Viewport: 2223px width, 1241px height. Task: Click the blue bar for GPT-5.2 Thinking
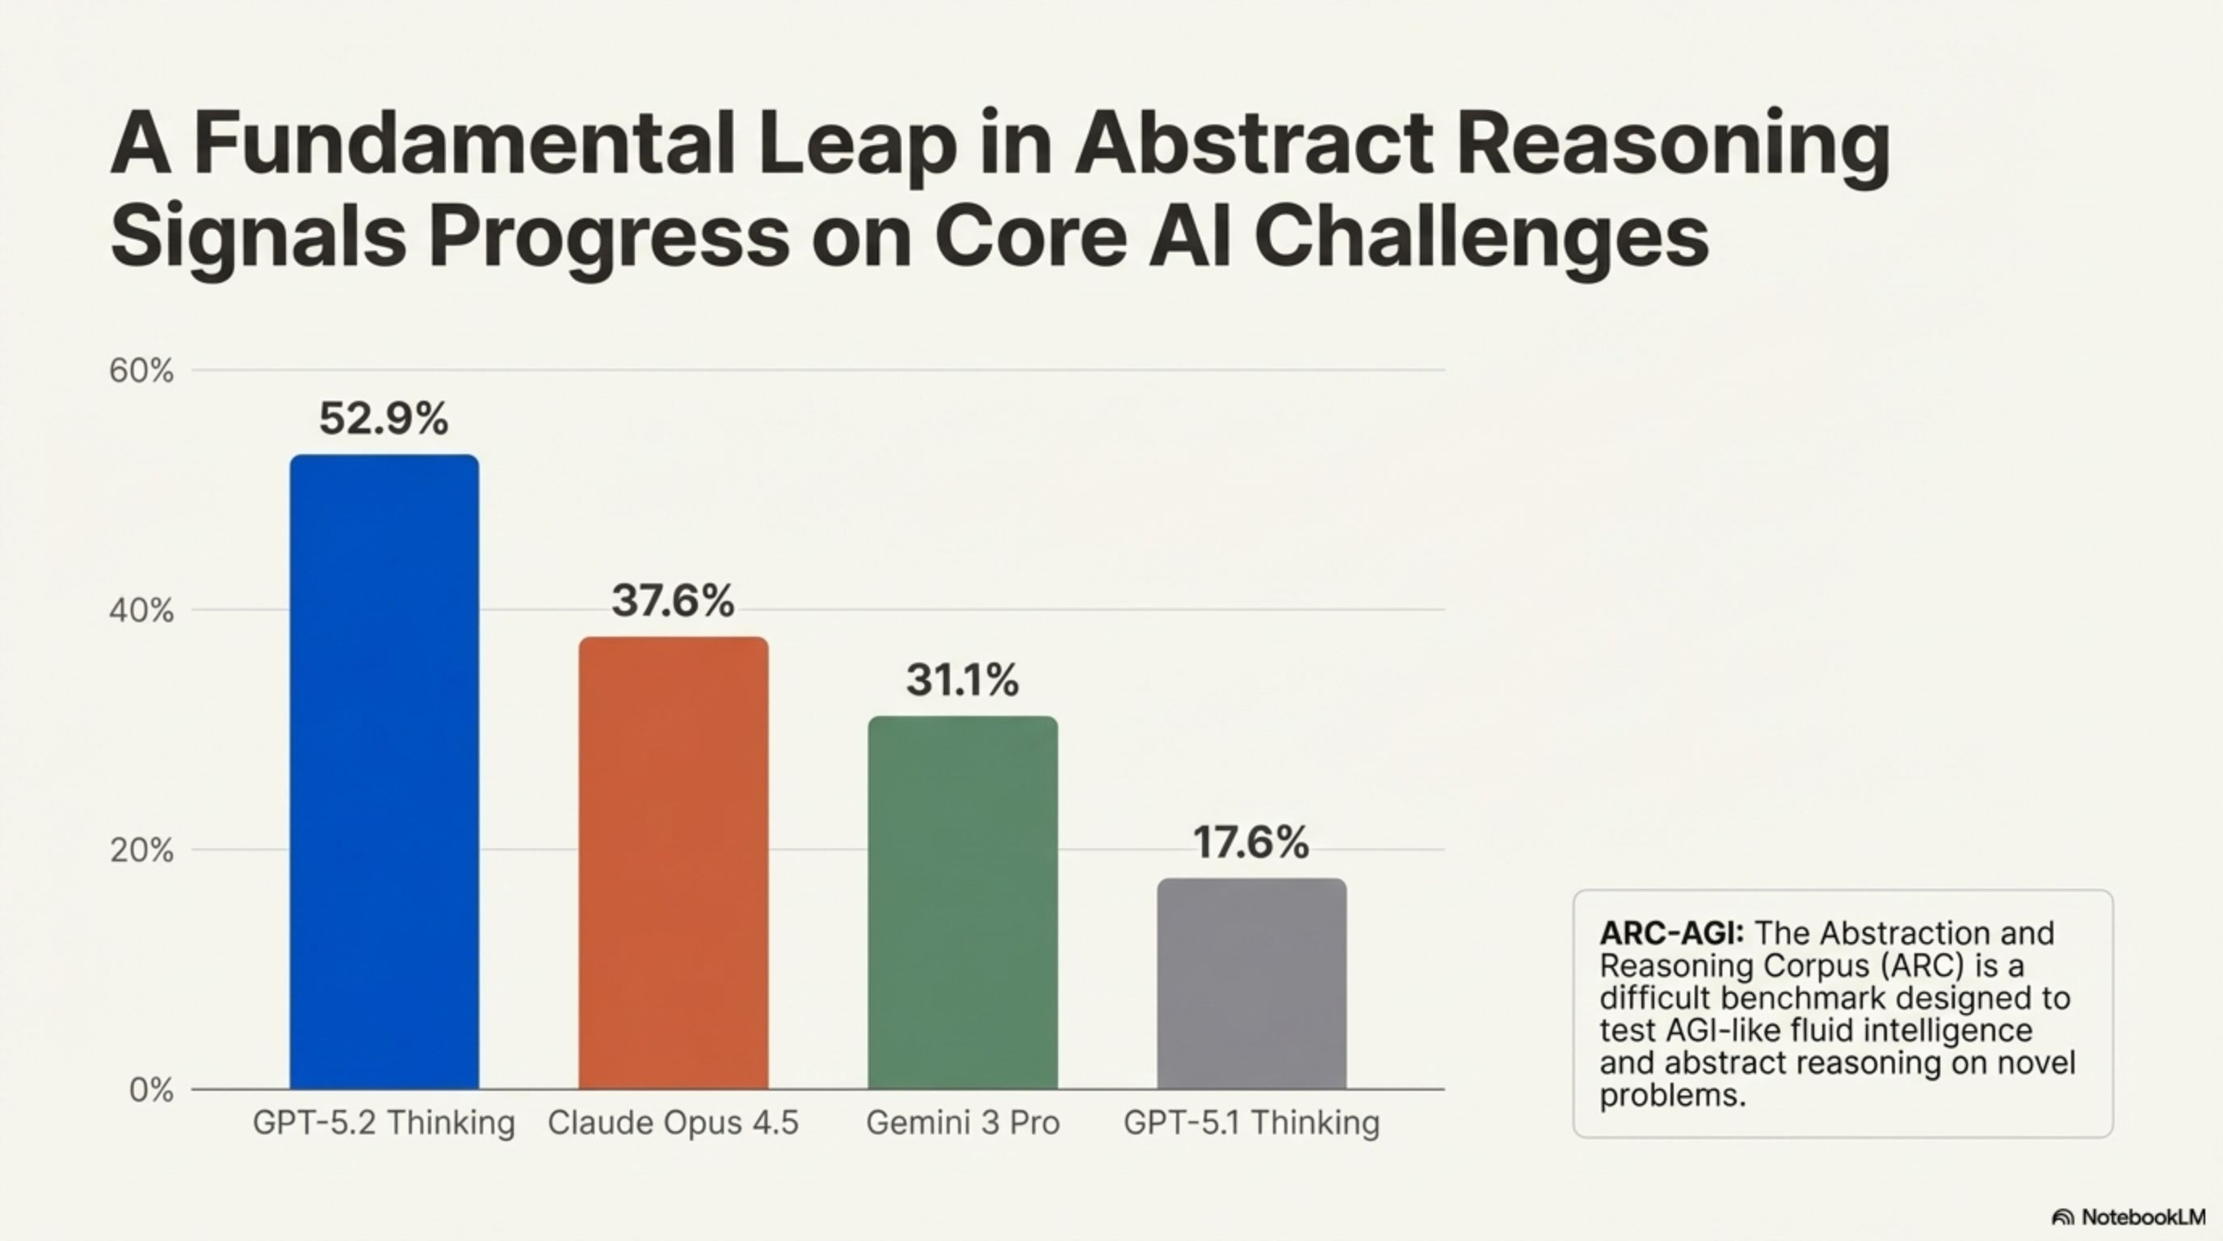tap(384, 772)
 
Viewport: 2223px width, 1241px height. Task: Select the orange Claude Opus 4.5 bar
tap(673, 863)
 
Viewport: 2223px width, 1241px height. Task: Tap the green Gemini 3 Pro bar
tap(962, 902)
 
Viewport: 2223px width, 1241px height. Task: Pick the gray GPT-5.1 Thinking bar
tap(1251, 984)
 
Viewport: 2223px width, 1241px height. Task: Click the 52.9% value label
tap(384, 419)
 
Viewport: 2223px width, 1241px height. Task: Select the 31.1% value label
tap(962, 680)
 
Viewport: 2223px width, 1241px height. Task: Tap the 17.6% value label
tap(1251, 843)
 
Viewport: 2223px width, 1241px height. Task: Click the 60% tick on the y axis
tap(141, 371)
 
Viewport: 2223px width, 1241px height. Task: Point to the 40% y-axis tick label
tap(141, 611)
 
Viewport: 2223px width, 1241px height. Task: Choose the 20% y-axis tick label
tap(141, 851)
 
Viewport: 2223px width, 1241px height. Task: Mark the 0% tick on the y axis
tap(151, 1091)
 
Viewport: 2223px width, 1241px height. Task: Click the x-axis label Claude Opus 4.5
tap(673, 1123)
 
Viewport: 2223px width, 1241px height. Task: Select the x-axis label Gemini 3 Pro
tap(962, 1123)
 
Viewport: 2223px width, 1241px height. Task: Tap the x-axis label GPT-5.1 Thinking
tap(1251, 1123)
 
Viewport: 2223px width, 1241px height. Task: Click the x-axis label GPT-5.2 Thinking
tap(384, 1123)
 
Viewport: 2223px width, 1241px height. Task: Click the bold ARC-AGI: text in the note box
tap(1671, 934)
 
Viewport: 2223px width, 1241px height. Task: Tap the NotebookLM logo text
tap(2143, 1217)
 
